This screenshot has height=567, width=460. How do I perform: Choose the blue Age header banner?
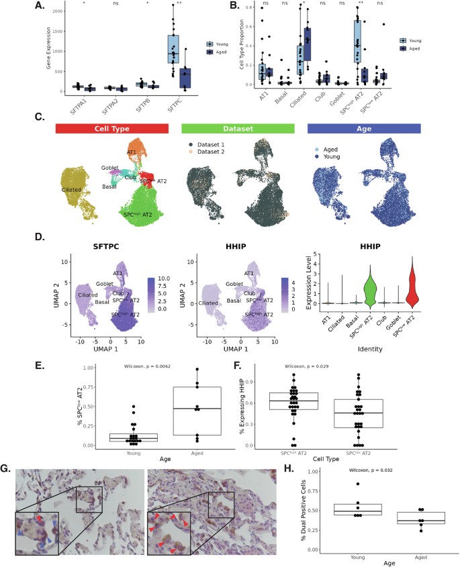(363, 128)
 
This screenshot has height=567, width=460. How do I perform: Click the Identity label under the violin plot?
(370, 350)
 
